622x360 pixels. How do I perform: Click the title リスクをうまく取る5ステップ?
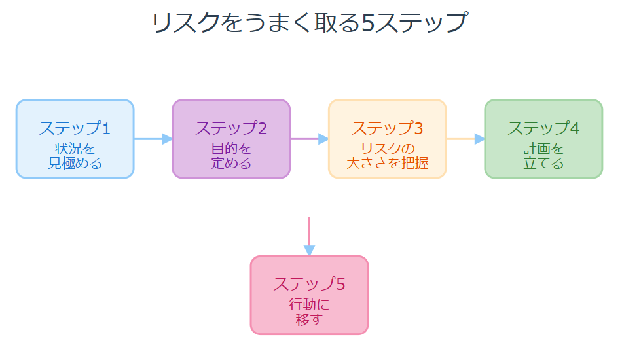tap(309, 24)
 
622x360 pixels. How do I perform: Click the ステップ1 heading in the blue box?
tap(75, 128)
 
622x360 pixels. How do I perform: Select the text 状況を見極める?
tap(75, 156)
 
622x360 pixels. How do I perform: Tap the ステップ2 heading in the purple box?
tap(231, 128)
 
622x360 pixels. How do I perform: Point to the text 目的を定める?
tap(231, 156)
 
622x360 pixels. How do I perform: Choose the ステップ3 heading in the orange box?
tap(387, 128)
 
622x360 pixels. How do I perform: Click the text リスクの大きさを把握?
tap(387, 156)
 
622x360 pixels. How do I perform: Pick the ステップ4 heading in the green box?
tap(543, 128)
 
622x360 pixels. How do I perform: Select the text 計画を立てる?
tap(543, 156)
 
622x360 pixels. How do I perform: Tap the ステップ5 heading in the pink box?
tap(309, 284)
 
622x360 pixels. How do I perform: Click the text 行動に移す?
tap(309, 312)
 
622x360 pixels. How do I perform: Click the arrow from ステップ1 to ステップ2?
tap(153, 139)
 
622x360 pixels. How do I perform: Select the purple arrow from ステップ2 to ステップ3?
tap(309, 139)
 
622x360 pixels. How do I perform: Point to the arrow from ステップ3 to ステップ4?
tap(465, 139)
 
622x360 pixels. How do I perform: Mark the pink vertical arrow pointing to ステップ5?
tap(309, 236)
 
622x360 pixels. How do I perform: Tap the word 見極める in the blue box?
tap(75, 163)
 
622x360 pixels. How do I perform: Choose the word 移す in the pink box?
tap(309, 319)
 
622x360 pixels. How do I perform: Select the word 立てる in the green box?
tap(543, 163)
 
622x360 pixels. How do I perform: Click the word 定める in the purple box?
tap(231, 163)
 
